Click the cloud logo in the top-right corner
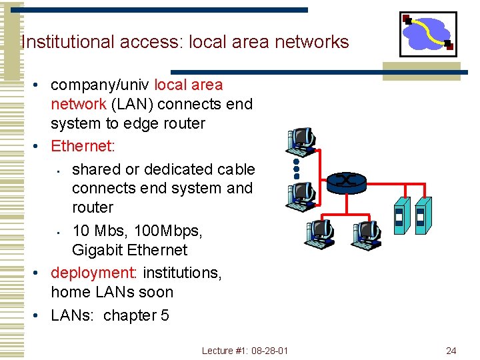pyautogui.click(x=428, y=33)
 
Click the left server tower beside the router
pyautogui.click(x=399, y=215)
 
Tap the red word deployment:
pyautogui.click(x=94, y=273)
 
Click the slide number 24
pyautogui.click(x=451, y=351)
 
